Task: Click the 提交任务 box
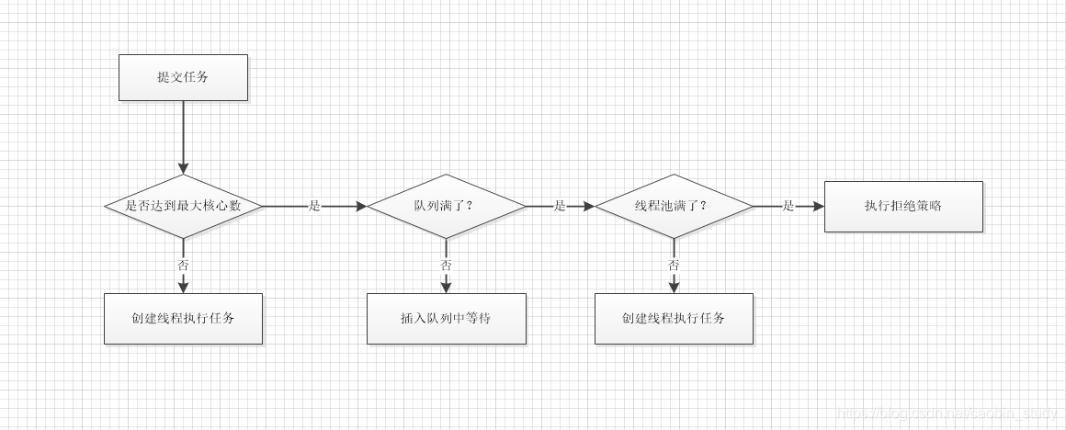coord(183,77)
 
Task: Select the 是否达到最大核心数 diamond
coord(183,206)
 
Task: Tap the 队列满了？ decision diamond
coord(446,206)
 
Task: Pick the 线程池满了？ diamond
coord(674,206)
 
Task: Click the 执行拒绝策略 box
coord(903,206)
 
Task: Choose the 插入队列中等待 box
coord(446,319)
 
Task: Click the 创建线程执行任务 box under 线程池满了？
coord(674,319)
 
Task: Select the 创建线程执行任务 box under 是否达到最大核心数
coord(183,319)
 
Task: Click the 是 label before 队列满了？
coord(314,206)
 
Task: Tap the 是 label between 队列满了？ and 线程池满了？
coord(560,206)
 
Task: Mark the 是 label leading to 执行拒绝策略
coord(788,206)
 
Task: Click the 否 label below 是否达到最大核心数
coord(183,265)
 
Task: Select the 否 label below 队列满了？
coord(446,265)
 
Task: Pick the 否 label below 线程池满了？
coord(674,265)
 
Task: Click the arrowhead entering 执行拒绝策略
coord(818,206)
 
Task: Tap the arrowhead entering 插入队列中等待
coord(446,287)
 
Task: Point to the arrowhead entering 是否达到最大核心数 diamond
coord(183,168)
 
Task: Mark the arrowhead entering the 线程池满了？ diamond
coord(588,206)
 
